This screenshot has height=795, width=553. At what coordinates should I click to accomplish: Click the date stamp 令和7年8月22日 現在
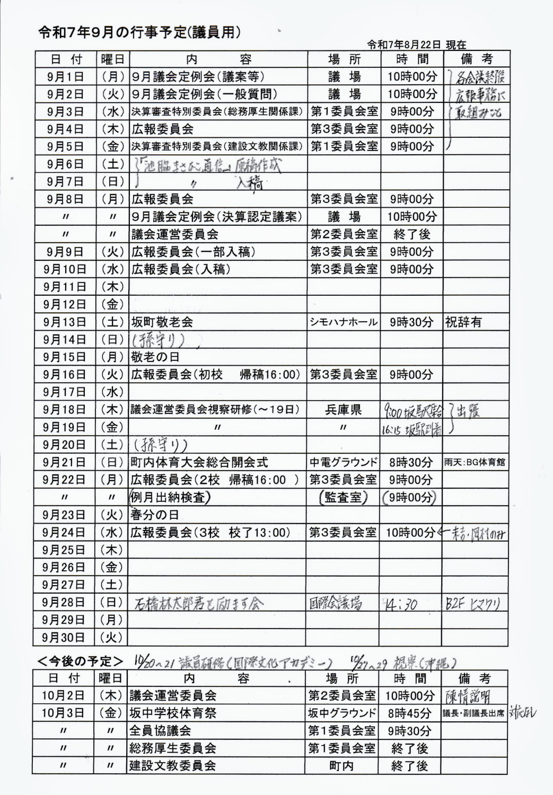(416, 45)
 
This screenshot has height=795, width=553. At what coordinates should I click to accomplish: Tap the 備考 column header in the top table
(476, 59)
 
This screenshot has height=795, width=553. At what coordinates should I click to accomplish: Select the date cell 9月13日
(66, 322)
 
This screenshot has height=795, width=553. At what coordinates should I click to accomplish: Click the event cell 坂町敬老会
(162, 322)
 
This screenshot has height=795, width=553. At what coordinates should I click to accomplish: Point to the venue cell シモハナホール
(344, 322)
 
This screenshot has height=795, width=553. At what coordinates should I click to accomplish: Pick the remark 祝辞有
(463, 322)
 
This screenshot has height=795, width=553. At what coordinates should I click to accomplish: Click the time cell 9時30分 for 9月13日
(411, 322)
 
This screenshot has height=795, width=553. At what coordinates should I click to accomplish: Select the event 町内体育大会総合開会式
(199, 462)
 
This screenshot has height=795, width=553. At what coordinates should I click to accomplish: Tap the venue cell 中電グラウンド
(344, 462)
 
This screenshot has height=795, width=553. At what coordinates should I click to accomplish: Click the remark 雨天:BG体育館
(475, 462)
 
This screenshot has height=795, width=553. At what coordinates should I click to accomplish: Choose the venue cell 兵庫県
(344, 410)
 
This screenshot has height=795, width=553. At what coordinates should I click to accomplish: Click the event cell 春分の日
(155, 515)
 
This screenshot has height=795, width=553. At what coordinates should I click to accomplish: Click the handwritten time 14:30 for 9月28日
(401, 604)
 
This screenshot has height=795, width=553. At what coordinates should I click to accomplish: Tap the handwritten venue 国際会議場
(336, 603)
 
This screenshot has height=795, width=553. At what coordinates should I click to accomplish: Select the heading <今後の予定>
(80, 661)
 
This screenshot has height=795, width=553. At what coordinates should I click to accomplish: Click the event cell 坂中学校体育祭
(173, 713)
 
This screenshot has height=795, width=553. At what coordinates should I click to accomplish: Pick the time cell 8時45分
(409, 713)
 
